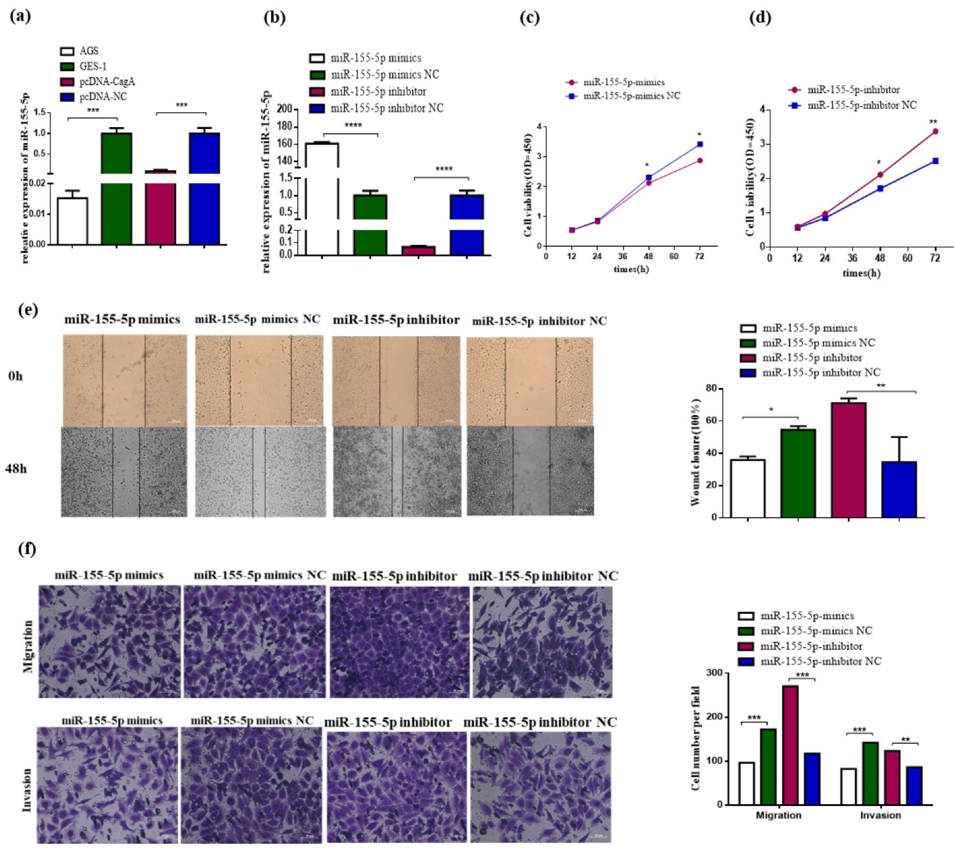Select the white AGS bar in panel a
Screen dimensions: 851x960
72,221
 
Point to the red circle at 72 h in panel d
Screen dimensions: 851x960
935,132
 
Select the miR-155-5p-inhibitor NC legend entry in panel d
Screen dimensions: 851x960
861,105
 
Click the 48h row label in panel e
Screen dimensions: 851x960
16,469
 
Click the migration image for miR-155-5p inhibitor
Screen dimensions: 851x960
399,642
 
